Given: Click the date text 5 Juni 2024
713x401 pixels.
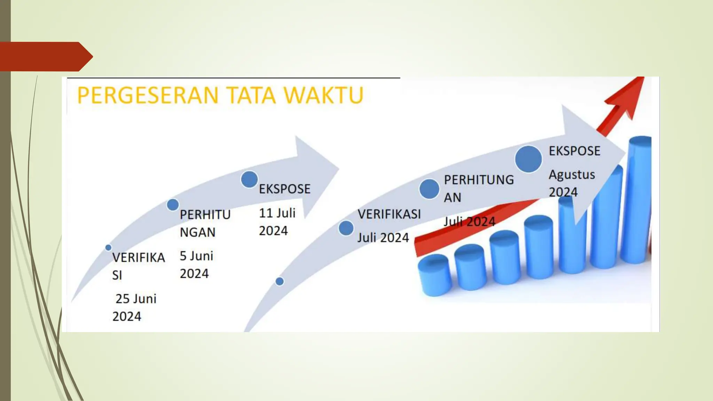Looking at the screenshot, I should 196,265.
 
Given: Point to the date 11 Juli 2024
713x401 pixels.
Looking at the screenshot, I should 277,222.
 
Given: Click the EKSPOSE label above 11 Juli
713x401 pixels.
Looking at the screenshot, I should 284,189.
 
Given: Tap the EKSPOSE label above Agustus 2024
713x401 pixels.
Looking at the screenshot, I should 574,151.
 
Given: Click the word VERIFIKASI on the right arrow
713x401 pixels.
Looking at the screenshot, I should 389,214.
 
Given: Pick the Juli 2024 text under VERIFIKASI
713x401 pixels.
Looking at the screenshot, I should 383,238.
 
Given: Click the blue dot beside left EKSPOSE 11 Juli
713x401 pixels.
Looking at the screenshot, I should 249,179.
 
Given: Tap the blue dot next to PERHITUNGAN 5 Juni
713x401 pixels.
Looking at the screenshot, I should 173,205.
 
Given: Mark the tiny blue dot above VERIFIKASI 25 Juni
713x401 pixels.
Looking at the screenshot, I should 108,247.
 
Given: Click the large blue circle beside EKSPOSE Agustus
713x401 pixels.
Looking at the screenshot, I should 528,159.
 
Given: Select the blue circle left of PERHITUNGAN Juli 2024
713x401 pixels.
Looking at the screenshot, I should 429,189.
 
